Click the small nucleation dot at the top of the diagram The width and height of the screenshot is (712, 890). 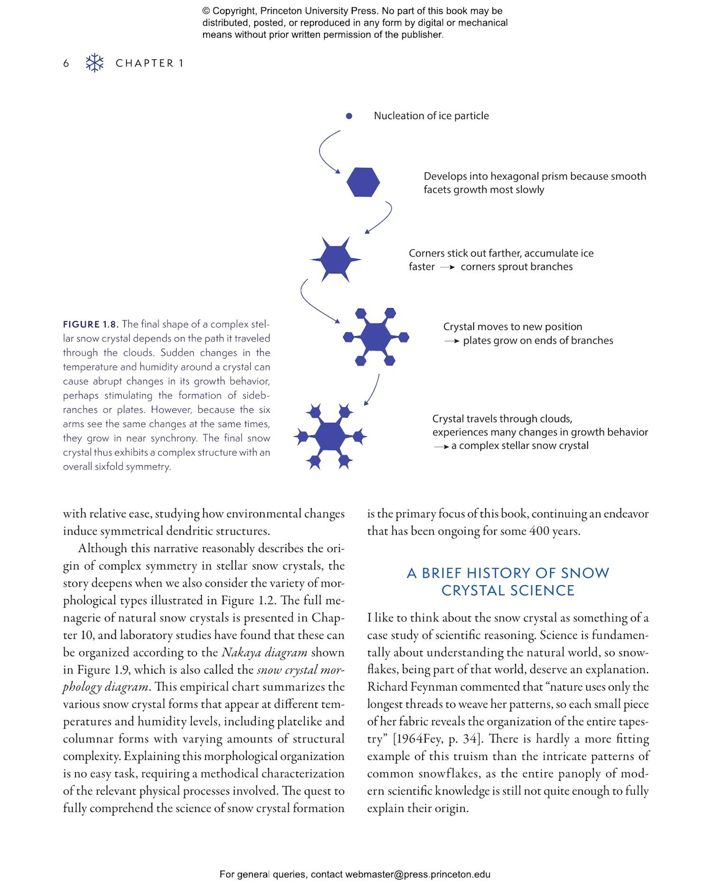click(x=349, y=116)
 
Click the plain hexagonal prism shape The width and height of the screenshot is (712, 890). click(x=363, y=182)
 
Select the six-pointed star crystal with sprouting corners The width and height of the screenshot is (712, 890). click(x=335, y=259)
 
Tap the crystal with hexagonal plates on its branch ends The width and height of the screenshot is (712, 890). click(x=375, y=337)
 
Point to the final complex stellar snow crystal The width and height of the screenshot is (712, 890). click(x=330, y=436)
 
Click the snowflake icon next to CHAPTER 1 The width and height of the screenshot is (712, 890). click(x=94, y=63)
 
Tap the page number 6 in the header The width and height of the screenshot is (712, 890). click(x=66, y=63)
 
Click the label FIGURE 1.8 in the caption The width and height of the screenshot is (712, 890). click(x=90, y=325)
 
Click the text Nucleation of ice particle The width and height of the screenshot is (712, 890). click(x=431, y=116)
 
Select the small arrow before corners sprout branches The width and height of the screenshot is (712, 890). click(x=447, y=267)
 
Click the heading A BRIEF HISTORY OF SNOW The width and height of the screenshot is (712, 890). click(x=507, y=573)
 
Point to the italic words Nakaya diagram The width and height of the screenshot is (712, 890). click(x=264, y=652)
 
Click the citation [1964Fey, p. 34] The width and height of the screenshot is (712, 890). click(x=436, y=739)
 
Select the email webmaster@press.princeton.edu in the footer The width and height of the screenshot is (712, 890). click(x=417, y=874)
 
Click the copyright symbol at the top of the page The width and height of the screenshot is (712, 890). click(x=206, y=11)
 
